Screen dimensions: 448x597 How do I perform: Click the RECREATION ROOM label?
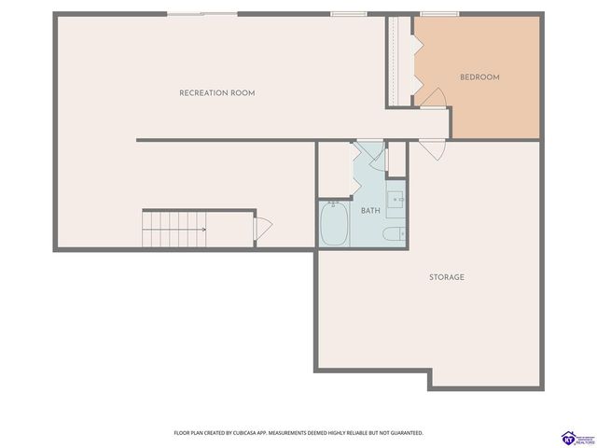pyautogui.click(x=216, y=93)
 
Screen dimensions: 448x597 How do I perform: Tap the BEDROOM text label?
pyautogui.click(x=479, y=77)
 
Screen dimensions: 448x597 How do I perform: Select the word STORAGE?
pyautogui.click(x=447, y=277)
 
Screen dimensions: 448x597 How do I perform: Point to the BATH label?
pyautogui.click(x=370, y=211)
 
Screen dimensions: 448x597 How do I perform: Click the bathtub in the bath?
pyautogui.click(x=334, y=224)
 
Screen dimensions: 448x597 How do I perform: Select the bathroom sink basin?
pyautogui.click(x=396, y=199)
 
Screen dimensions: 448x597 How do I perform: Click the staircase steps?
pyautogui.click(x=174, y=229)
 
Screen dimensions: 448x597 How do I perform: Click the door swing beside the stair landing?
pyautogui.click(x=262, y=227)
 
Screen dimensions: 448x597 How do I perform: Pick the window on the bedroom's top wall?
pyautogui.click(x=432, y=14)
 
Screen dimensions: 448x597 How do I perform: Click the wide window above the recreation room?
pyautogui.click(x=201, y=13)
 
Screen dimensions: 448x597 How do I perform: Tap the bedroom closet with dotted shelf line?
pyautogui.click(x=402, y=61)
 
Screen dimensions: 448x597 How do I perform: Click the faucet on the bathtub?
pyautogui.click(x=333, y=203)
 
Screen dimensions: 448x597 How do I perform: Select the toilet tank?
pyautogui.click(x=403, y=233)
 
